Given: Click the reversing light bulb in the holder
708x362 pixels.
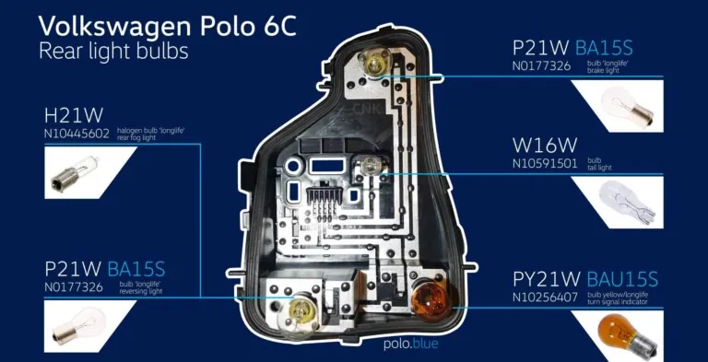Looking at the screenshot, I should [x=302, y=311].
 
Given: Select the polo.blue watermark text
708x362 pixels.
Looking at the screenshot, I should [x=411, y=345].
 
